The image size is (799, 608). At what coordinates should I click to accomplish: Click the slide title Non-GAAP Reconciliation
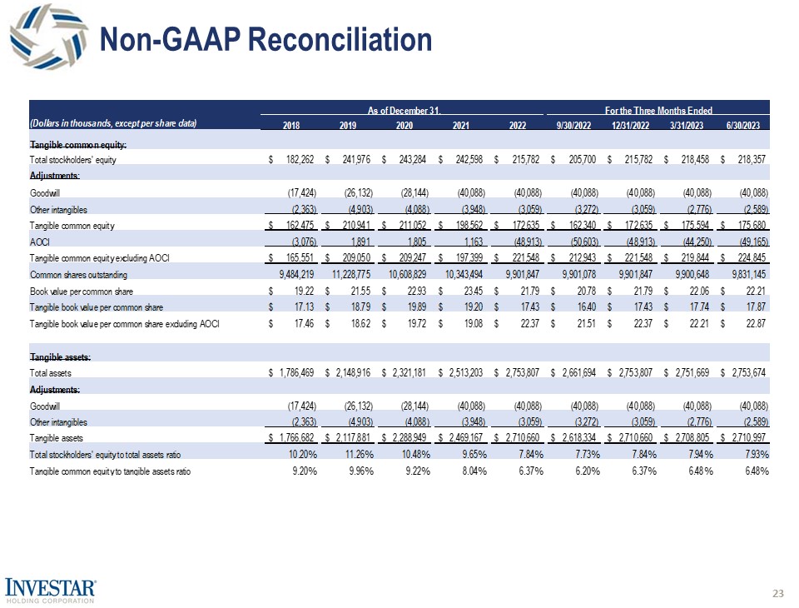(x=266, y=39)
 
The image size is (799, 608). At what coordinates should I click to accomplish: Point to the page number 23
(x=778, y=593)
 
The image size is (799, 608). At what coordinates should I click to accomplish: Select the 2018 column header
(x=291, y=125)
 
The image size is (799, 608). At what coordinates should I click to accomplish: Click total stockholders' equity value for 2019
(x=350, y=159)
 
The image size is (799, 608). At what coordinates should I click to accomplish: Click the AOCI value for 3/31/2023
(x=694, y=242)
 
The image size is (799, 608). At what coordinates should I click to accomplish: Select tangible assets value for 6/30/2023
(x=747, y=437)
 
